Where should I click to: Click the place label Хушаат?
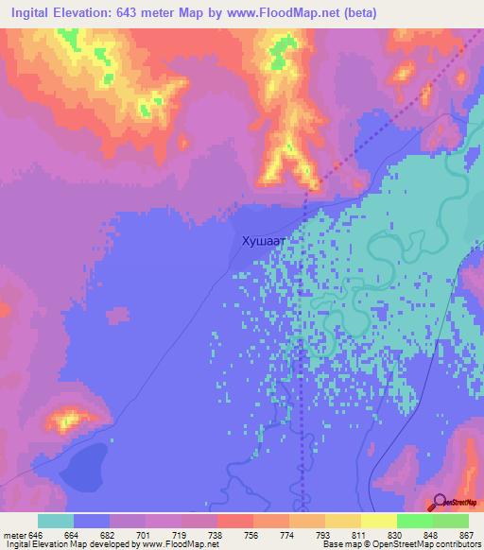coord(264,242)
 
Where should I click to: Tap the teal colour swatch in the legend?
coord(56,521)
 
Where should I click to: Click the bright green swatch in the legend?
coord(415,521)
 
